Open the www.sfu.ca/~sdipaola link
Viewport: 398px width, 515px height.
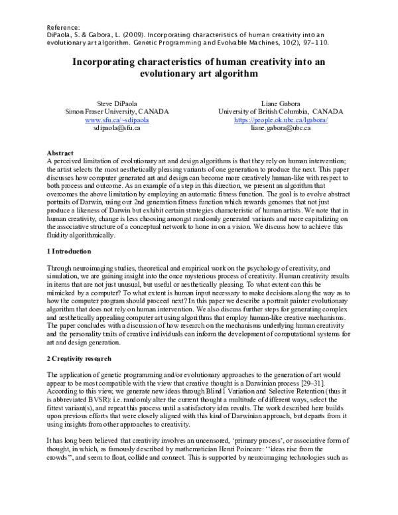(x=117, y=121)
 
